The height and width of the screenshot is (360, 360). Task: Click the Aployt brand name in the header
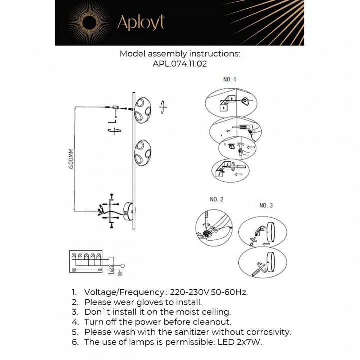pos(140,22)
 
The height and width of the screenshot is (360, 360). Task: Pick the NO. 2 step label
pos(217,199)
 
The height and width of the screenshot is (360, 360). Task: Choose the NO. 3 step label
pos(266,205)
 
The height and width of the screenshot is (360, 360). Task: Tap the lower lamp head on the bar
pos(144,153)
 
